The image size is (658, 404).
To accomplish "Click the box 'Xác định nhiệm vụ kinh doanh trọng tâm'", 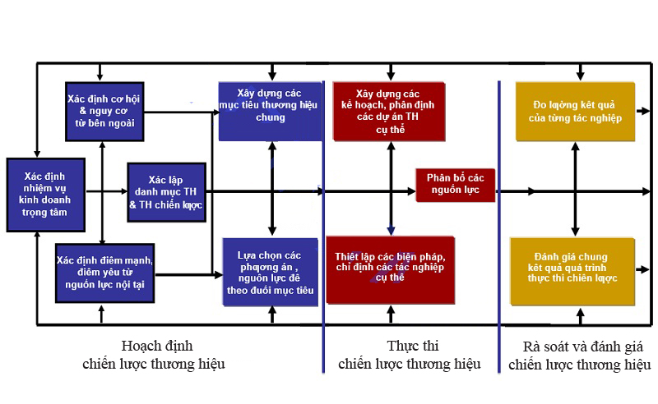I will tap(46, 194).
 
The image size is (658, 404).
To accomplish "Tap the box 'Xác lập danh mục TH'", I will tap(165, 193).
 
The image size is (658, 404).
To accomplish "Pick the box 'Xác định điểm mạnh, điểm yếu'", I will tap(104, 272).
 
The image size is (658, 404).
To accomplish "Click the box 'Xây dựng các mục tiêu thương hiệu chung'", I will tap(270, 111).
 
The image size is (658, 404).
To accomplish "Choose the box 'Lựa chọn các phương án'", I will tap(270, 271).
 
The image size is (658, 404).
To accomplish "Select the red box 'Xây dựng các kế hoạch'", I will tap(387, 111).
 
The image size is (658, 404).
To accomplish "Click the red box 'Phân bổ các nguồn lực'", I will tap(455, 186).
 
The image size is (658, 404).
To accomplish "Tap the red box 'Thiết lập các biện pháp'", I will tap(390, 269).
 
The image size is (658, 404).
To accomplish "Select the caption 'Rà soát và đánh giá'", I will tap(580, 354).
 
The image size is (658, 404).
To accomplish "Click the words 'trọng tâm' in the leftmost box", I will tap(45, 213).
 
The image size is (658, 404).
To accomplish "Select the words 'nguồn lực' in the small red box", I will tap(455, 192).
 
